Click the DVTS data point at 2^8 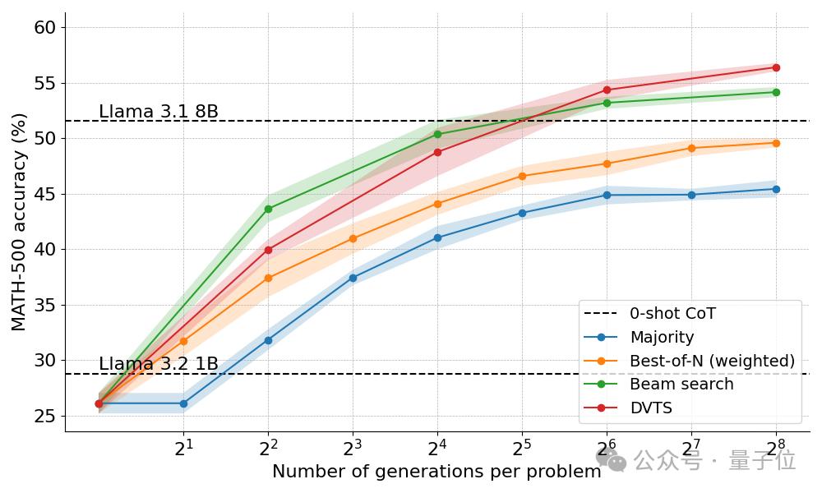tap(776, 67)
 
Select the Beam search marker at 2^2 tap(268, 209)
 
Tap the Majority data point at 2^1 tap(183, 403)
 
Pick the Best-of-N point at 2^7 tap(691, 148)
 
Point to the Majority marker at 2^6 tap(607, 195)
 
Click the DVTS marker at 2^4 tap(437, 152)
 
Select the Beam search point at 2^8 tap(776, 92)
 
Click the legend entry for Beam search tap(681, 384)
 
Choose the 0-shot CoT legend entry tap(672, 313)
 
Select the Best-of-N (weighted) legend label tap(712, 361)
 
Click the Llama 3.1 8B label tap(159, 112)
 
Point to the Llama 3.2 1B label tap(159, 364)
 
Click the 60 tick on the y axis tap(44, 27)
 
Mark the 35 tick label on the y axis tap(44, 305)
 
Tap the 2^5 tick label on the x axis tap(521, 449)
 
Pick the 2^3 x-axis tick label tap(352, 449)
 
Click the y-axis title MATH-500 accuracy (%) tap(19, 222)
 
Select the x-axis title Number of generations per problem tap(436, 472)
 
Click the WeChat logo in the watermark tap(612, 460)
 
